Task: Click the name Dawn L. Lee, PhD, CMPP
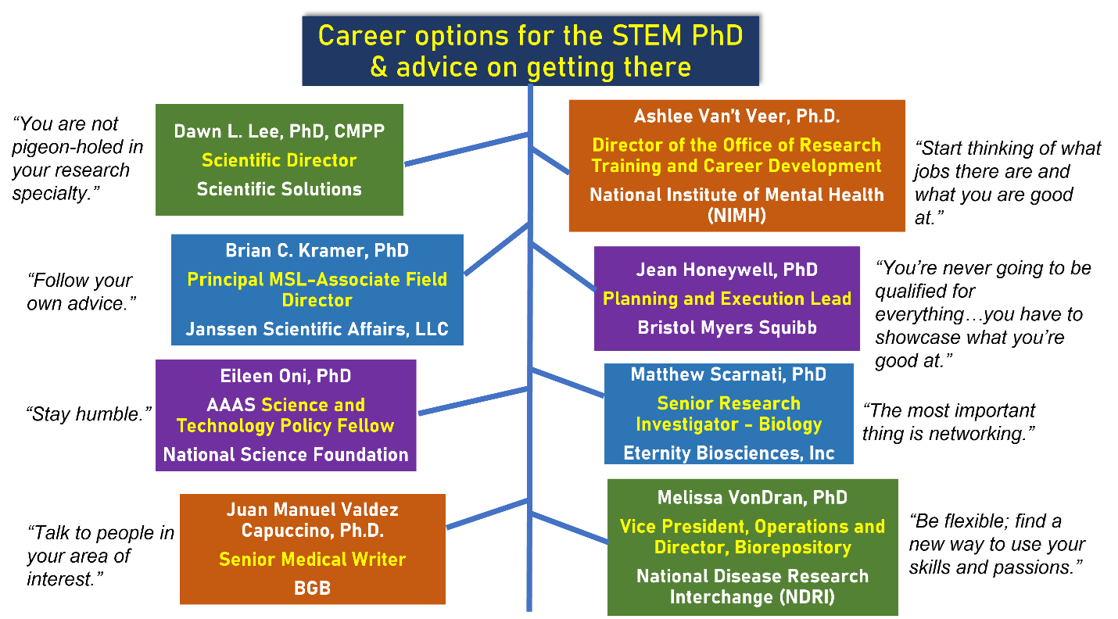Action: coord(279,131)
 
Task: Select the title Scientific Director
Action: coord(279,160)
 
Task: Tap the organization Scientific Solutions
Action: coord(279,189)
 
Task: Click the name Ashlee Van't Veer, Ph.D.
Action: coord(736,117)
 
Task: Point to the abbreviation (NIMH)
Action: coord(736,216)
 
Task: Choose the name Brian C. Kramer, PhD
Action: coord(317,251)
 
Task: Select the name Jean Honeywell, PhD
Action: coord(726,270)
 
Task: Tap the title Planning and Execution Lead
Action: coord(726,299)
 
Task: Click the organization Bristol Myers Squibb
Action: coord(726,327)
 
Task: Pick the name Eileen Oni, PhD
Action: coord(285,377)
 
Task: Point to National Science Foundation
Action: coord(285,455)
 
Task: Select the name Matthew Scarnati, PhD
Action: coord(728,374)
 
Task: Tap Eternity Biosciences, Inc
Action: coord(728,453)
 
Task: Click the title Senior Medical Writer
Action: coord(312,560)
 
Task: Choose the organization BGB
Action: coord(312,588)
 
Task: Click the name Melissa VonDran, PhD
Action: coord(752,498)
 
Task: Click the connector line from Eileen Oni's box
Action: coord(473,401)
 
